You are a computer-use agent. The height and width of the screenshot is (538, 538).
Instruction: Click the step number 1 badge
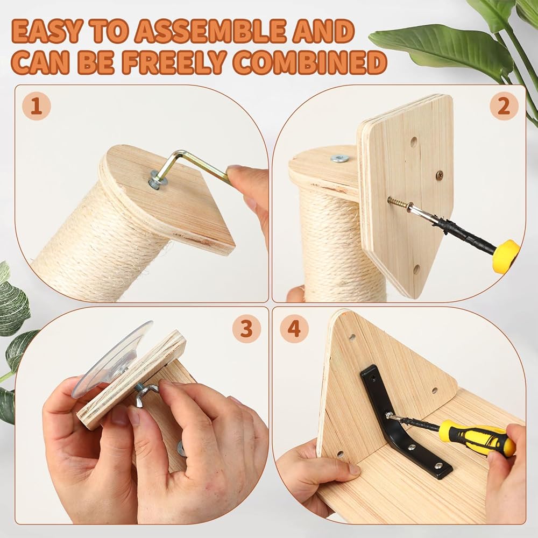coord(37,105)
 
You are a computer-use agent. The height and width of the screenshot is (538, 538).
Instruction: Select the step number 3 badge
coord(246,329)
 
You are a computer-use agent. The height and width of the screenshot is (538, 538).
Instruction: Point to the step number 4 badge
coord(294,329)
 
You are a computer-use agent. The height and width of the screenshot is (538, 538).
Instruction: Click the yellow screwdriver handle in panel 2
coord(506,256)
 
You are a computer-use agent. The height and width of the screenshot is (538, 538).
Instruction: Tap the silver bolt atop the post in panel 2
coord(340,158)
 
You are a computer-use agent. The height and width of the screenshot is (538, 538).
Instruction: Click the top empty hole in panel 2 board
coord(414,141)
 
